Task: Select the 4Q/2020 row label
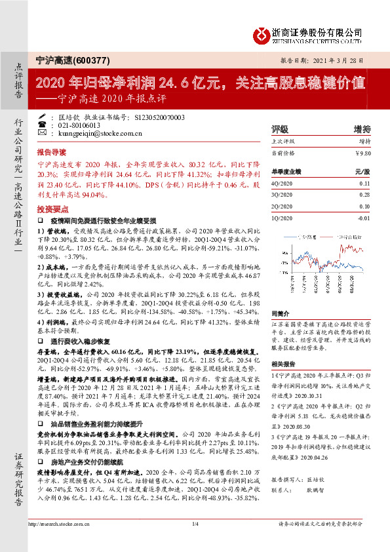[282, 184]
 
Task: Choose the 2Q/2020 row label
[282, 207]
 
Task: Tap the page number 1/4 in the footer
[195, 541]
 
